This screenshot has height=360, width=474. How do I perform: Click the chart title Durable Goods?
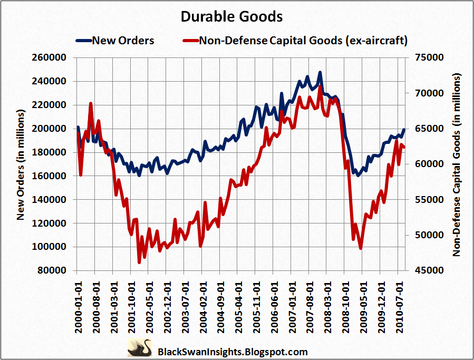coord(231,17)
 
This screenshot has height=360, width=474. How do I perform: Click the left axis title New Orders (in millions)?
coord(21,164)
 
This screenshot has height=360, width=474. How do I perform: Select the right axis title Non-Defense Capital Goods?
coord(457,164)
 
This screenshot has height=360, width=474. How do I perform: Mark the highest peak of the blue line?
coord(320,73)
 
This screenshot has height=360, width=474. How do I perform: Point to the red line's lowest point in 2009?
coord(361,248)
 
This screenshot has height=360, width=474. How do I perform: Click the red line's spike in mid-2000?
coord(91,104)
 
